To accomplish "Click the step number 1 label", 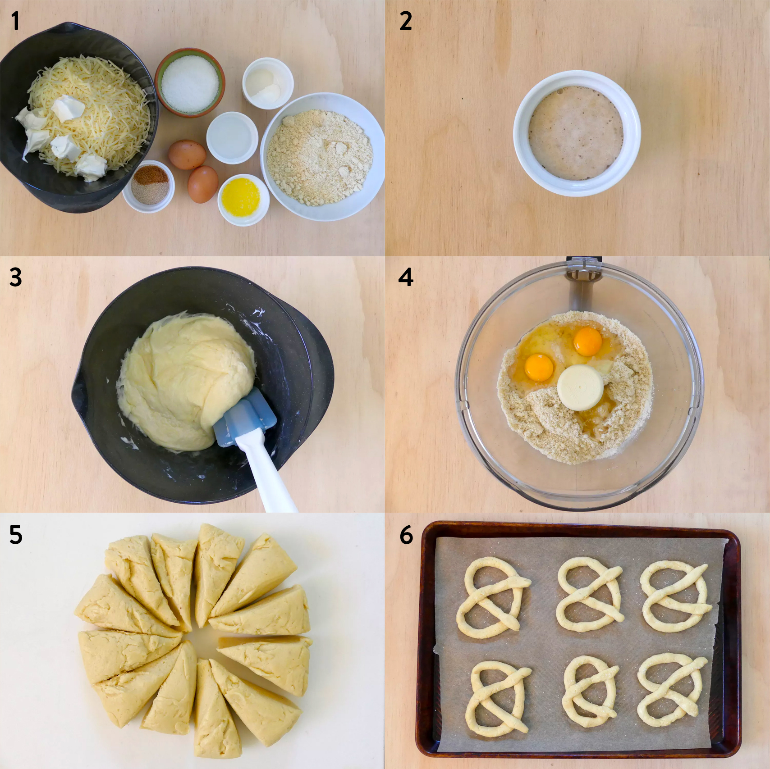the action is click(15, 21).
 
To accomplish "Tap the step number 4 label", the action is click(405, 277).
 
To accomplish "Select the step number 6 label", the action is click(406, 535).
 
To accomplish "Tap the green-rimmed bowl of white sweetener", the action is click(190, 83).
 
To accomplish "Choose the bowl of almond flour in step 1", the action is click(322, 156).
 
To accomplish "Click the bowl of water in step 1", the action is click(232, 137).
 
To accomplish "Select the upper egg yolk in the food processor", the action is click(588, 341).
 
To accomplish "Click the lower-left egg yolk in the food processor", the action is click(539, 368).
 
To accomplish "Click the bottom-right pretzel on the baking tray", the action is click(673, 690).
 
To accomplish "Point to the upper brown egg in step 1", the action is click(187, 155).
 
